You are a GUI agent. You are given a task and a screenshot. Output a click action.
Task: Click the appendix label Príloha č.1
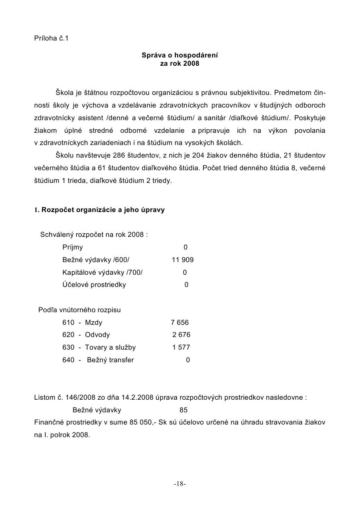51,38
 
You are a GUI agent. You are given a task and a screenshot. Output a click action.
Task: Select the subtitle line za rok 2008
180,64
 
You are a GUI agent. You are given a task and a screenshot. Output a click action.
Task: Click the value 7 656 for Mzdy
180,323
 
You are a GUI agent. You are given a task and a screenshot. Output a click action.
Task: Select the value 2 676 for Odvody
181,335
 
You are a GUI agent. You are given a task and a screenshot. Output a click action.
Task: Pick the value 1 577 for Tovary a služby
181,347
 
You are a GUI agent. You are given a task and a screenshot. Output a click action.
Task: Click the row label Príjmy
73,247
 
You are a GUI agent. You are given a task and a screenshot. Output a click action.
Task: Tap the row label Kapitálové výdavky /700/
102,273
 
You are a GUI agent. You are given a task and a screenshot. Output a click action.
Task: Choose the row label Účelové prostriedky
94,285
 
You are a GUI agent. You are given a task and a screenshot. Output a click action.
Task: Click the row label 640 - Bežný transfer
98,360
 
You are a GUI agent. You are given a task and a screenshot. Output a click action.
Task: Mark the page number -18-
180,484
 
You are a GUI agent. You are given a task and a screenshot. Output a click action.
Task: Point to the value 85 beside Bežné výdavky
183,410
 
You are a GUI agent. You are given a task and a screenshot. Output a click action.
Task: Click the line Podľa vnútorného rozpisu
80,310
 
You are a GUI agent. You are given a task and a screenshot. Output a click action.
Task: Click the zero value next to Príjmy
185,247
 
